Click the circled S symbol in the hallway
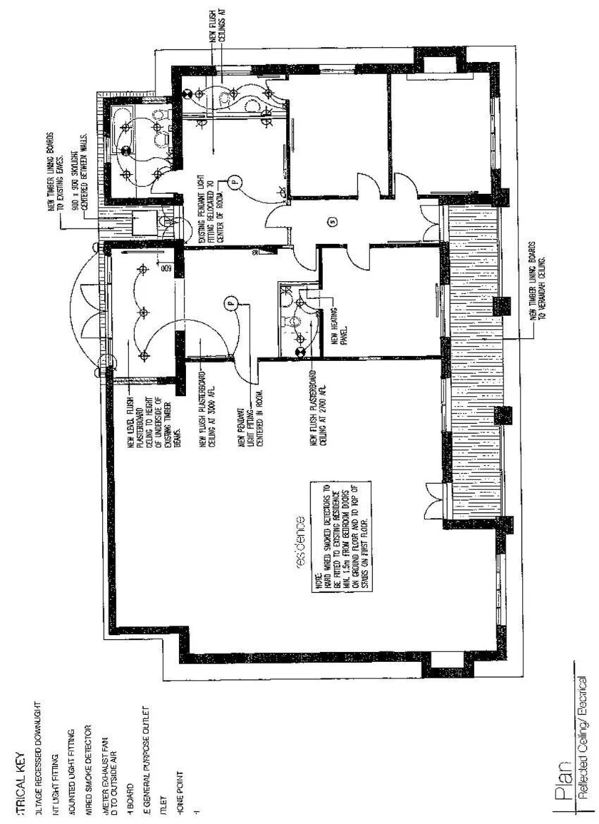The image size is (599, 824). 333,222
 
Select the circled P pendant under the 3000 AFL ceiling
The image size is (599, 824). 228,305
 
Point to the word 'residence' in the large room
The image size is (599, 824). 301,542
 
